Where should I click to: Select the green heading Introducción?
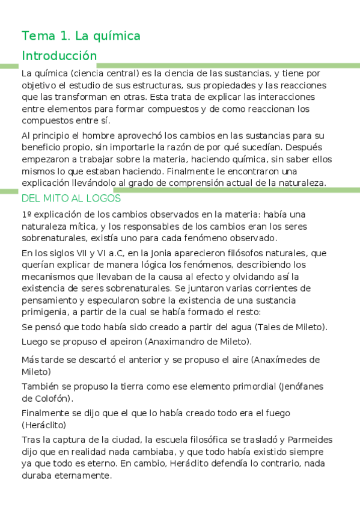tap(59, 56)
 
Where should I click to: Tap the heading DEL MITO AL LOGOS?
tap(71, 198)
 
